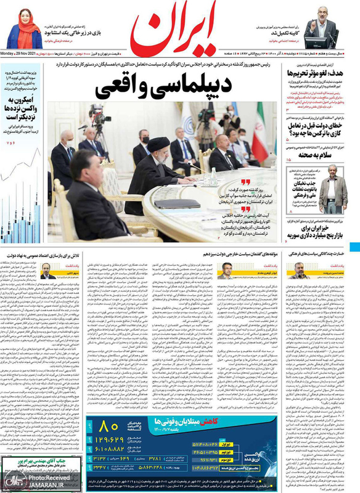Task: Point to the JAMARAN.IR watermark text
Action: [37, 484]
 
